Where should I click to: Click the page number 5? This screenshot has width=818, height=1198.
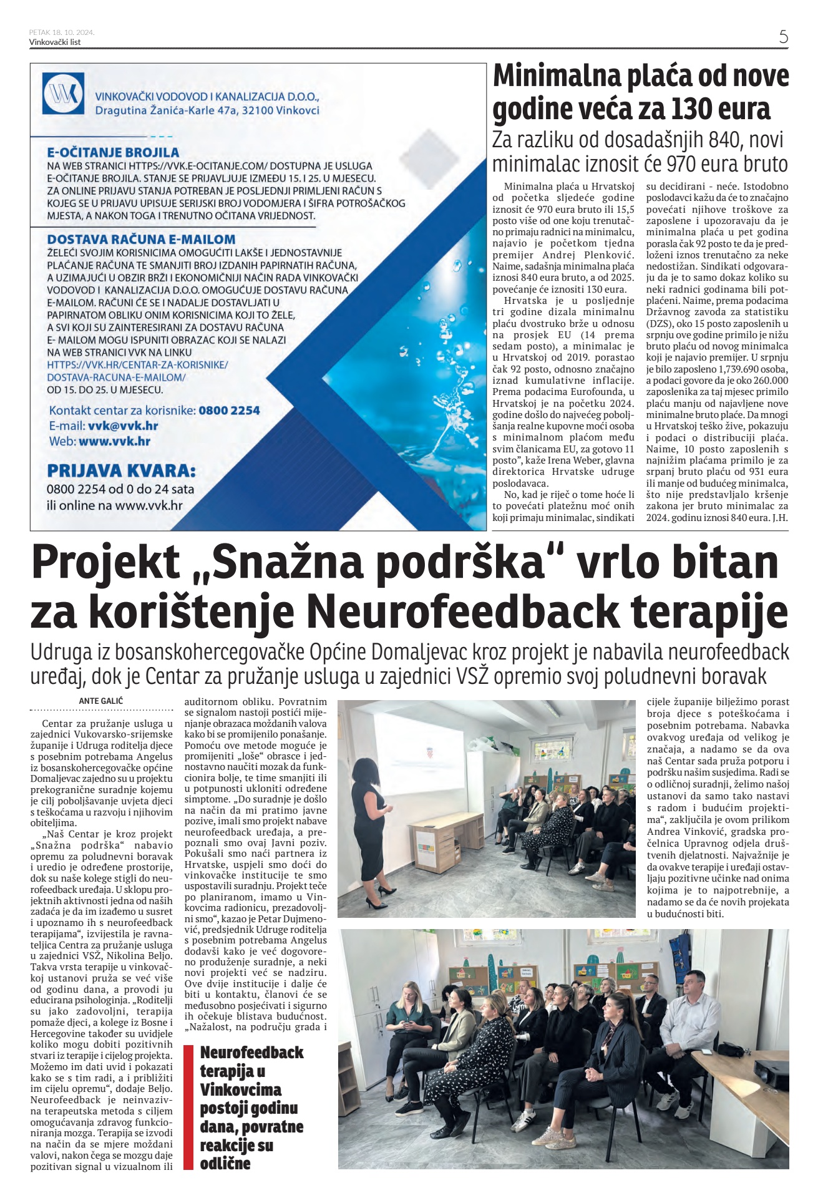coord(783,36)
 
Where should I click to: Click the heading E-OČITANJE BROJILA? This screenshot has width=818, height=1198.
coord(113,152)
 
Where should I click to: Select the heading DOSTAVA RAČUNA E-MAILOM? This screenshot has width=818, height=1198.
coord(141,239)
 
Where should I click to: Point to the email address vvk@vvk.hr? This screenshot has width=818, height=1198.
coord(123,426)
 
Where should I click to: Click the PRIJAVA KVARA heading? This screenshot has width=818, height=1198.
coord(121,470)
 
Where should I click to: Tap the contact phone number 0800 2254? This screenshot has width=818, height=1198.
coord(229,411)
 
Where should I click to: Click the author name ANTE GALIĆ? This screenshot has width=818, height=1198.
coord(101,701)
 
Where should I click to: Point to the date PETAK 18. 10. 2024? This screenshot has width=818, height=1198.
coord(62,32)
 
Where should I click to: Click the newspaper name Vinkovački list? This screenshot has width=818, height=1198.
coord(55,42)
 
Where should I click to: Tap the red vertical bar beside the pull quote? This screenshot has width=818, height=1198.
coord(188,1107)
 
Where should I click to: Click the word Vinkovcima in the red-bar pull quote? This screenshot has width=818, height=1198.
coord(241,1089)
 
